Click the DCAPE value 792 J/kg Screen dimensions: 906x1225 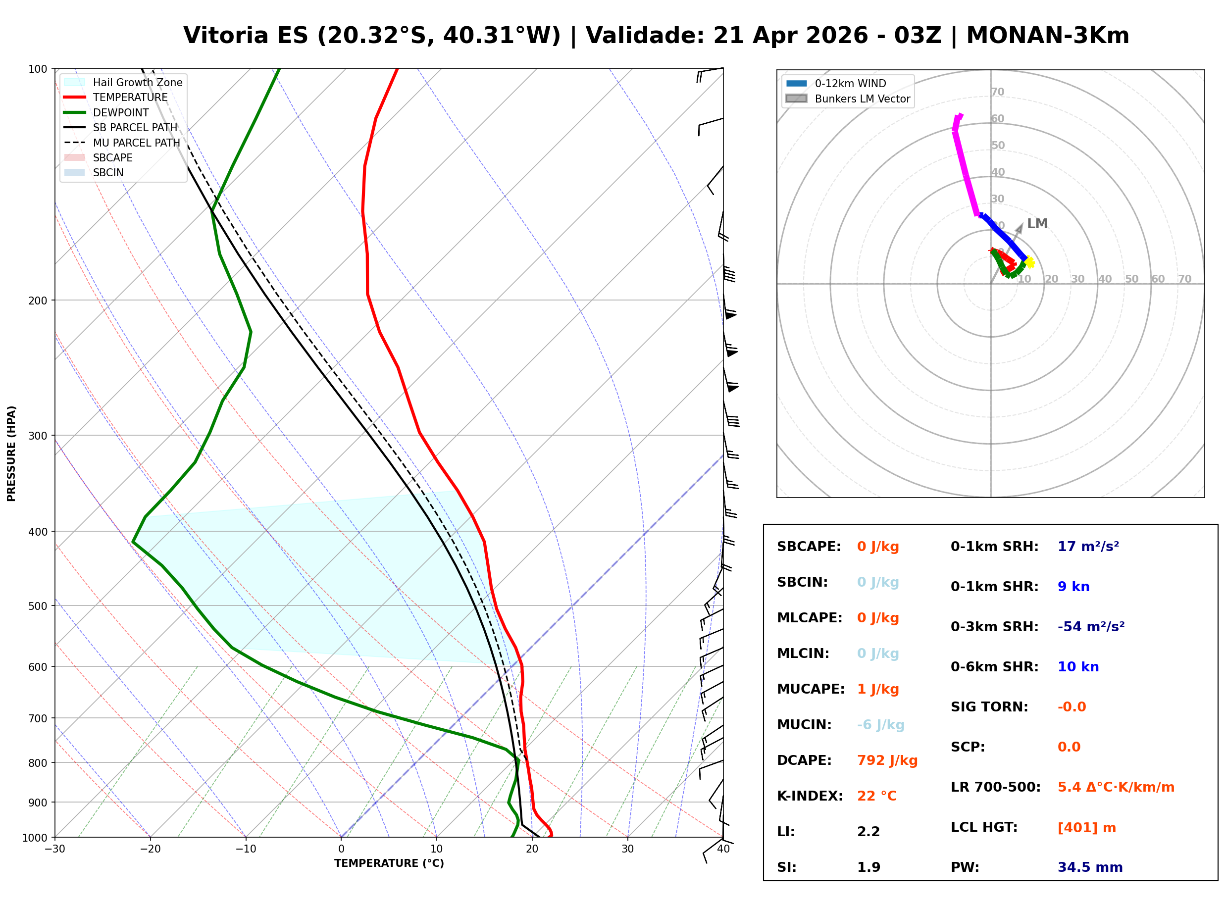tap(887, 760)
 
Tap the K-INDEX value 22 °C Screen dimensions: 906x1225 tap(876, 796)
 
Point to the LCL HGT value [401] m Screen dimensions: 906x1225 tap(1086, 828)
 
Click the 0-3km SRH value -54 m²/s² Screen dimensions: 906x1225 tap(1091, 627)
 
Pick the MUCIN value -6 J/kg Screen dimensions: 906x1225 tap(880, 725)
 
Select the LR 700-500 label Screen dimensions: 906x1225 tap(995, 788)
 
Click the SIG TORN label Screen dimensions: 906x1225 tap(989, 707)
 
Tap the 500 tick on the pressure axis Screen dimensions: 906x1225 tap(38, 606)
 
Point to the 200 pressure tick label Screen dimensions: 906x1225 tap(38, 301)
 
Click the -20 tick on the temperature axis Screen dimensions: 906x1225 tap(150, 849)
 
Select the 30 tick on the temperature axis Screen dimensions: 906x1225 tap(627, 849)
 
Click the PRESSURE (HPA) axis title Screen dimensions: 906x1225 tap(11, 453)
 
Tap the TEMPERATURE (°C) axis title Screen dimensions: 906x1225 tap(389, 864)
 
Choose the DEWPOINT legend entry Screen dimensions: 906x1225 tap(121, 112)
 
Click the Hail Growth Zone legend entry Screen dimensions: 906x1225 tap(137, 82)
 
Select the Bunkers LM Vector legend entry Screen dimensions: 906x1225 tap(862, 99)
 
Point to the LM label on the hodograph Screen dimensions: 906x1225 tap(1037, 224)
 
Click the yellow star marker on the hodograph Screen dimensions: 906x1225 tap(1029, 263)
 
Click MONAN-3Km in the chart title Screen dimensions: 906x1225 tap(1047, 36)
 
